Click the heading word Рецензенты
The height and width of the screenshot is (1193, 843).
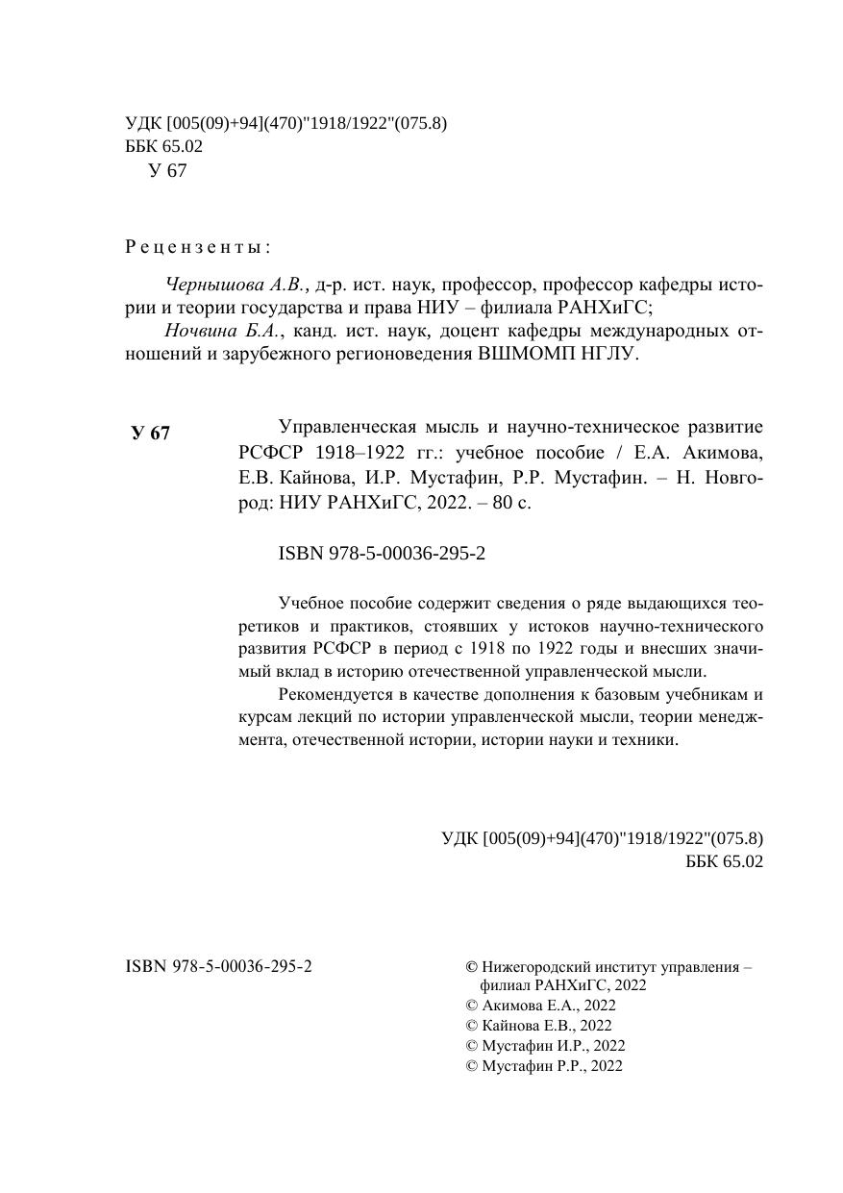tap(197, 247)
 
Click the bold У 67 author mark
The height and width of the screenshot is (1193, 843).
tap(151, 433)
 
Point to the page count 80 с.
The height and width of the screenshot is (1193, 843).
tap(510, 502)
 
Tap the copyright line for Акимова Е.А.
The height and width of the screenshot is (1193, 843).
tap(540, 1006)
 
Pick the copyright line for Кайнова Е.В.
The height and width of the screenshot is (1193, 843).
tap(538, 1026)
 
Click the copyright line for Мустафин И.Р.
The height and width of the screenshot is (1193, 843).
tap(545, 1045)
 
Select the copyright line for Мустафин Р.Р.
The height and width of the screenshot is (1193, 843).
tap(544, 1065)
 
